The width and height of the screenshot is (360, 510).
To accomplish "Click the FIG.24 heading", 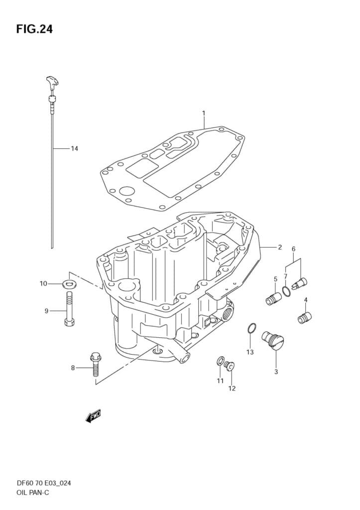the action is [34, 29].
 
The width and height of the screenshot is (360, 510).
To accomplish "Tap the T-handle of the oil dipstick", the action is [52, 82].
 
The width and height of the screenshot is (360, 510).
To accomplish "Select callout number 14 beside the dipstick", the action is [75, 148].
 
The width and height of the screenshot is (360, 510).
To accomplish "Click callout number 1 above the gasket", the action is [204, 113].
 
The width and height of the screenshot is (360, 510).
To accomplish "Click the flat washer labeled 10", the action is [69, 284].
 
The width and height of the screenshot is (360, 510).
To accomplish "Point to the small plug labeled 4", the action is [305, 317].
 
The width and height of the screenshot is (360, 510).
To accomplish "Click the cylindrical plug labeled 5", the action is [273, 299].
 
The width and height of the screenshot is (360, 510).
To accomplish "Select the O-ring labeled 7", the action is [286, 291].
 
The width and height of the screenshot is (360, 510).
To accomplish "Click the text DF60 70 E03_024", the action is [44, 483].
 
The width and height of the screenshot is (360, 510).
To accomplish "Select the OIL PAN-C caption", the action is [33, 493].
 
